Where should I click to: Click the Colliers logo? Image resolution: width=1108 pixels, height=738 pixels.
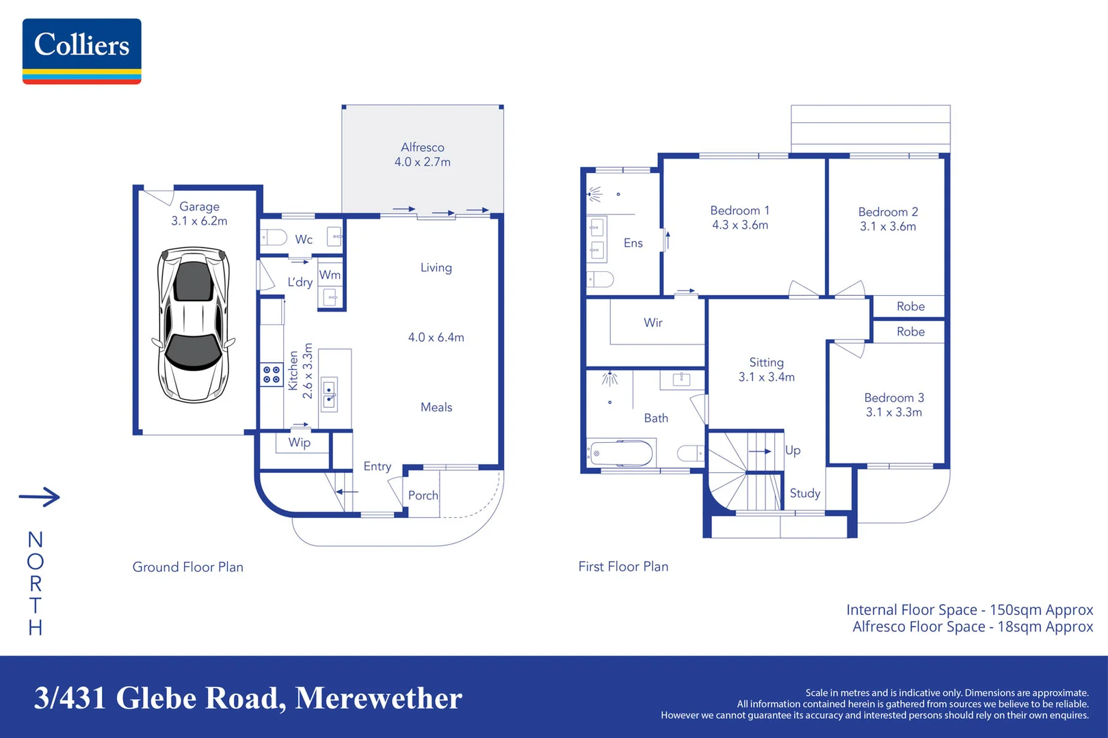[81, 51]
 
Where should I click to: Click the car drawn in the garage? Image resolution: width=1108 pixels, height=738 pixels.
[194, 325]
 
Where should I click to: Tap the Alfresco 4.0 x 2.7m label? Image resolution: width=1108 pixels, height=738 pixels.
[422, 155]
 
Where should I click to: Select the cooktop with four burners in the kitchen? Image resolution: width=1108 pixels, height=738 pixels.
[272, 374]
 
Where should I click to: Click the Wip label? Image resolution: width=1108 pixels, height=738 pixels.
[299, 443]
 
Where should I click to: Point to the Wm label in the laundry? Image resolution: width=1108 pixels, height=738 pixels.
[330, 275]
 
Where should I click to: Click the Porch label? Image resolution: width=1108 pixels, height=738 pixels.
[423, 495]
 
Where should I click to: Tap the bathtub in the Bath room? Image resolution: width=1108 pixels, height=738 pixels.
[621, 453]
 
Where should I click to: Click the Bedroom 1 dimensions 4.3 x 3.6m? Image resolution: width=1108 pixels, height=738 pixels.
[740, 225]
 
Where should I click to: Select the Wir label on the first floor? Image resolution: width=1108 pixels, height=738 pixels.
[652, 323]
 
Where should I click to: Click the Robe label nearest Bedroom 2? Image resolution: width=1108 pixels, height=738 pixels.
[910, 307]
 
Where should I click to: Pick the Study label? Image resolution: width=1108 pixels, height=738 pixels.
[804, 493]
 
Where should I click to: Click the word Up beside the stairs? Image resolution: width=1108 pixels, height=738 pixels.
[793, 450]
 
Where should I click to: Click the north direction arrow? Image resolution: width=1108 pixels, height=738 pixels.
[40, 497]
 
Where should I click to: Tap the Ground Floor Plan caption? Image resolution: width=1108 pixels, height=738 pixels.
[187, 567]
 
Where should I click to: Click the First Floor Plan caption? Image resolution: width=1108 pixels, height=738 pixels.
[623, 566]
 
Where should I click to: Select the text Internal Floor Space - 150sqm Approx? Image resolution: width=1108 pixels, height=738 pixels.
[969, 610]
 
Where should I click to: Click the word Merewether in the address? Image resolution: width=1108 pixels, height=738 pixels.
[378, 698]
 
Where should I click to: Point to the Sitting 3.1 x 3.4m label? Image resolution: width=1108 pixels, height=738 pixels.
[766, 370]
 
